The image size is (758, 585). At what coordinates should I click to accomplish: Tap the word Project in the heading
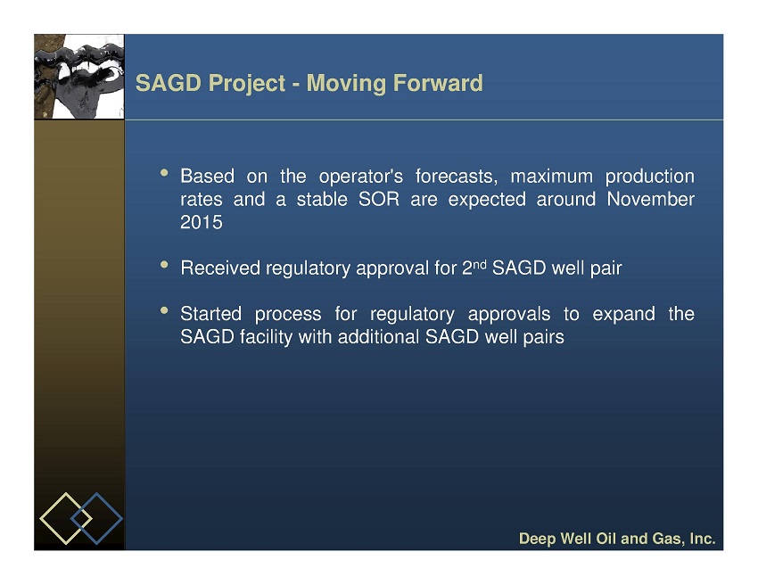click(x=247, y=84)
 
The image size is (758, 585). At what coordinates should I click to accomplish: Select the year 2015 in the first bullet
click(x=202, y=222)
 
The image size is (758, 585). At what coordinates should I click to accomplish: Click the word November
click(x=651, y=199)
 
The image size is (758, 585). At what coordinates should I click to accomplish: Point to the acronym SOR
click(x=379, y=199)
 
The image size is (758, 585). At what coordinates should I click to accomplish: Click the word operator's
click(x=360, y=177)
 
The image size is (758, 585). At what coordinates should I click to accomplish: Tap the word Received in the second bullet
click(x=220, y=268)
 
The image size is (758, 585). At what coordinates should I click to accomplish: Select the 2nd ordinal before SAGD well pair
click(x=474, y=267)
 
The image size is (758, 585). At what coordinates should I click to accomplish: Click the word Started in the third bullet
click(x=210, y=314)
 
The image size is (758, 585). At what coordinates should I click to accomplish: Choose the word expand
click(x=623, y=315)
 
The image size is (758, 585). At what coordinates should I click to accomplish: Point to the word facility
click(x=266, y=337)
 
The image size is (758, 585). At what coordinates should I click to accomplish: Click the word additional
click(x=378, y=336)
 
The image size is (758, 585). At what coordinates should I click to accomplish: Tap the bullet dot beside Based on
click(x=164, y=173)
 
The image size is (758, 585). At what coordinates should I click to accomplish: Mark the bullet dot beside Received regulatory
click(x=164, y=265)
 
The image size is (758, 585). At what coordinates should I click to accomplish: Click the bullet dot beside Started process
click(x=164, y=310)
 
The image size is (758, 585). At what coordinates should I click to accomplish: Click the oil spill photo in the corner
click(x=79, y=77)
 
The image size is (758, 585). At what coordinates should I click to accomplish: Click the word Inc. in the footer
click(x=703, y=538)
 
